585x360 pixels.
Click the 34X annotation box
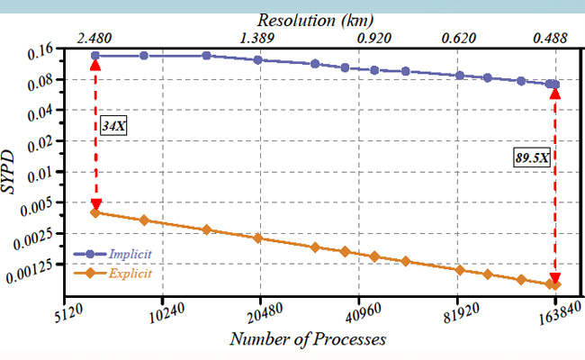pos(112,126)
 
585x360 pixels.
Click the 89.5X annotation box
pos(532,157)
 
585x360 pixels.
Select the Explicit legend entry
pos(130,272)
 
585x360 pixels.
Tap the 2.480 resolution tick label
pos(95,39)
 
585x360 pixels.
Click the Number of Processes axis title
pos(308,339)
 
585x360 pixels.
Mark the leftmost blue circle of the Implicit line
pos(95,56)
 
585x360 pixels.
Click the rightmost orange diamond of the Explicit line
pos(555,285)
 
